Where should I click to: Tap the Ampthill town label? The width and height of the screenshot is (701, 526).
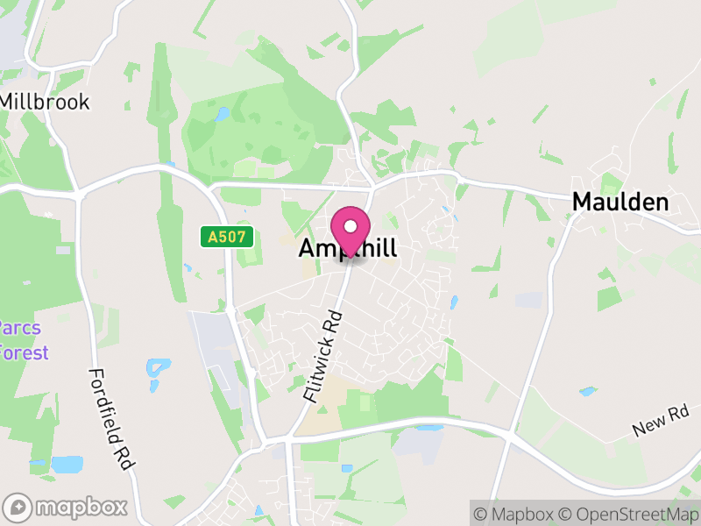click(x=348, y=249)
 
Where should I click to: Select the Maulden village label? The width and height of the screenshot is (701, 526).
click(x=620, y=203)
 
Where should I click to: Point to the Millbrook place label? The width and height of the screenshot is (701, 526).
click(x=44, y=102)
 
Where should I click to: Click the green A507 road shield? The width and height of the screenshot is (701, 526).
click(x=227, y=237)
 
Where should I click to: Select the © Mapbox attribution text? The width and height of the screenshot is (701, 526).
click(x=514, y=512)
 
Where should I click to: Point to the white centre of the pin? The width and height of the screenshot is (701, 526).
click(x=350, y=225)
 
